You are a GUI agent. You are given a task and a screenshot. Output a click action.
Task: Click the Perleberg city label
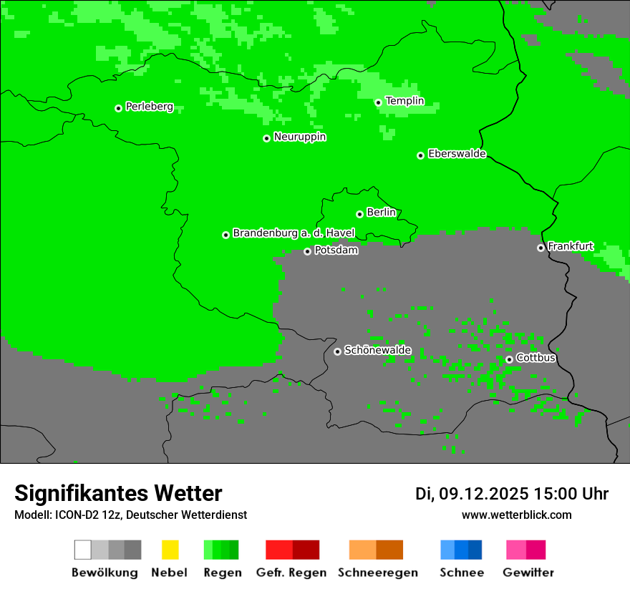coord(149,107)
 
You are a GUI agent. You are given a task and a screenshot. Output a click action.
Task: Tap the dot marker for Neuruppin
coord(266,138)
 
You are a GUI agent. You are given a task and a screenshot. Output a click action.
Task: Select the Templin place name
coord(404,101)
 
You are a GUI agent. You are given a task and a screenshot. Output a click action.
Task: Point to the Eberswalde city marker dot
coord(421,155)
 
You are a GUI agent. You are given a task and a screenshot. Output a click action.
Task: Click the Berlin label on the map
coord(381,213)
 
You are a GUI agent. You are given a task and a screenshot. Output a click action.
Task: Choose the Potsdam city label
coord(336,250)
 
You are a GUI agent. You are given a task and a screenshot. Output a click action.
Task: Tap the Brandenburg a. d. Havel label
coord(294,233)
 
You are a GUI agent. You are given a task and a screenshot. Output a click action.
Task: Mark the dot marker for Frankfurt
coord(541,248)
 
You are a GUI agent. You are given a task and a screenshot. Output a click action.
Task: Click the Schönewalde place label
coord(377,350)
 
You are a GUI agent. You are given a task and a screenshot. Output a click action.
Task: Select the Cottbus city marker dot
coord(509,359)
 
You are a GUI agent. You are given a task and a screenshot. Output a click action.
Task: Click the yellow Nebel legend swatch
coord(170,550)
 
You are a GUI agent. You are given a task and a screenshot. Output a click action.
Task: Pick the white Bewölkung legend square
coord(83,550)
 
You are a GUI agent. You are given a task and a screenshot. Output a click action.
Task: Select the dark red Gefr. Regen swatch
coord(306,550)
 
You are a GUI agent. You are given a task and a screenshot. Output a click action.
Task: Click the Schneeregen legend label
coord(377,573)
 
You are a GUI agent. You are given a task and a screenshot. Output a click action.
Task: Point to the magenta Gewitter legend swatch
coord(535,550)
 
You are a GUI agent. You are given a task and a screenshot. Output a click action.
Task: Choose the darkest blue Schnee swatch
coord(475,550)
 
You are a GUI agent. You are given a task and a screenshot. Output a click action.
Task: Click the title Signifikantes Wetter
coord(118,493)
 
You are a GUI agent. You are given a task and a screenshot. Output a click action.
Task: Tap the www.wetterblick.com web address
coord(516,515)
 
